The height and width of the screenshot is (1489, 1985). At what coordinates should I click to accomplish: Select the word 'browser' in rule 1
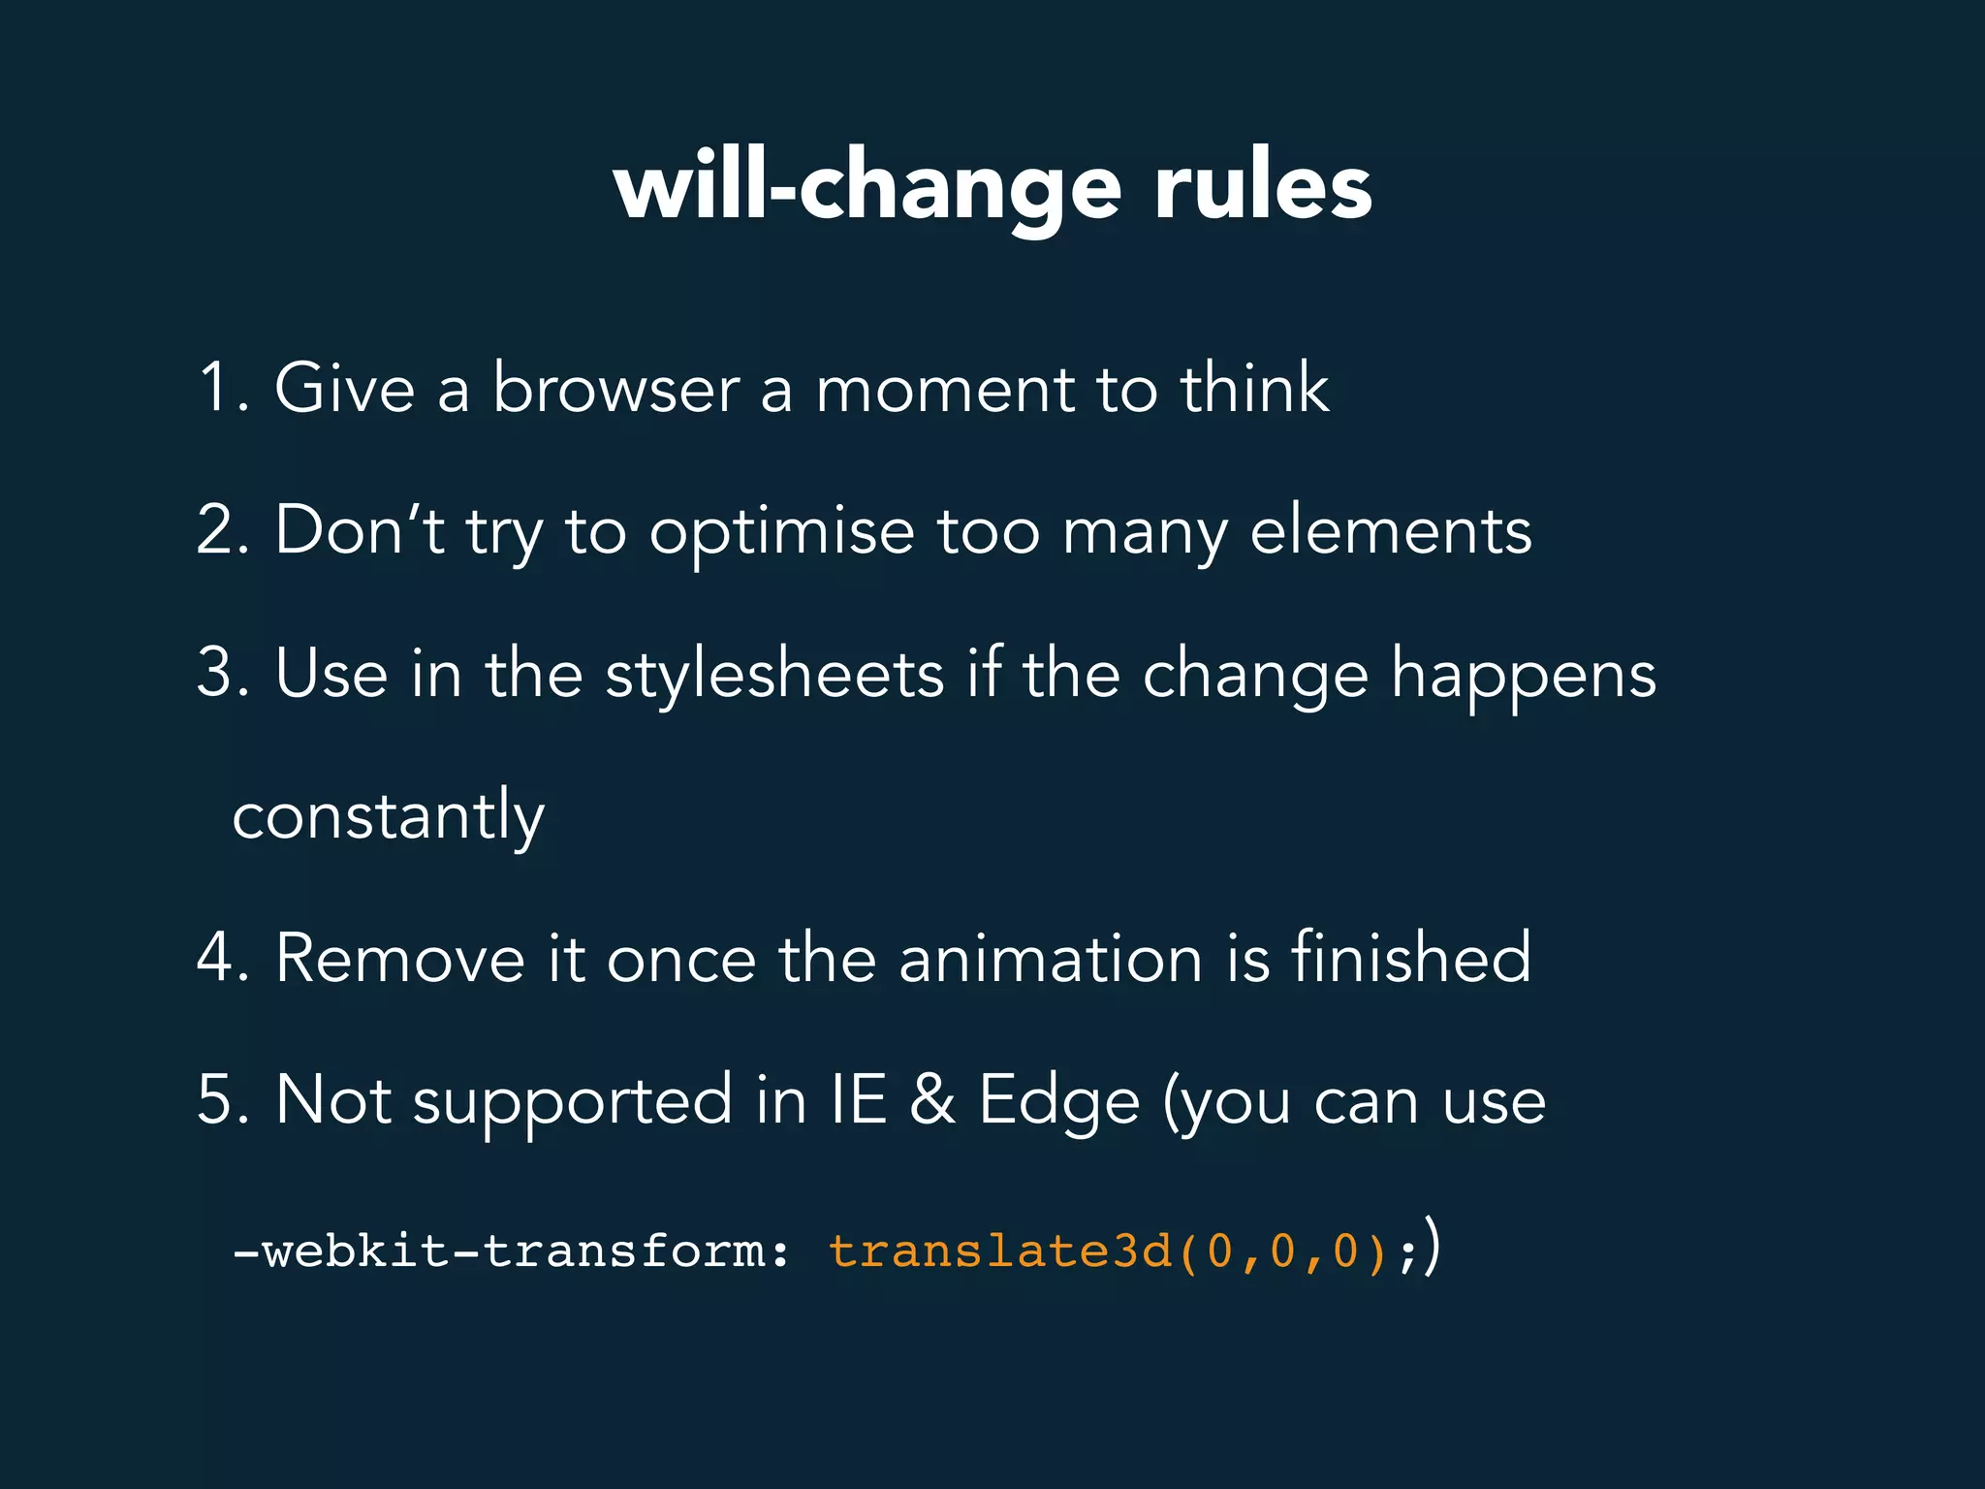(615, 388)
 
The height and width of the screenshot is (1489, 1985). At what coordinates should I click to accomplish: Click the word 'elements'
(1391, 530)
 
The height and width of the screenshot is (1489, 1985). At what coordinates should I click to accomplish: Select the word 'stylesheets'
(774, 675)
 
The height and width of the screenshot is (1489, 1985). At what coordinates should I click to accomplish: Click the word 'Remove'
(400, 958)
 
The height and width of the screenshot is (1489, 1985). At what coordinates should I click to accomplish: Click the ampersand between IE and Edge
(932, 1100)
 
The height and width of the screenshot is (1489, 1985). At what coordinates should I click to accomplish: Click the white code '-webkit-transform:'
(512, 1251)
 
